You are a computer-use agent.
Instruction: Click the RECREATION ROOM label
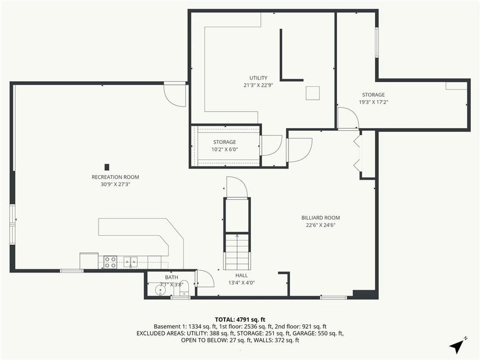115,177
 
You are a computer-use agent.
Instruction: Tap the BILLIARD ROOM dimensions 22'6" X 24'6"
320,225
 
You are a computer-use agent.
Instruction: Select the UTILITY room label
258,78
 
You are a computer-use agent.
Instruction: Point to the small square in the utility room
313,93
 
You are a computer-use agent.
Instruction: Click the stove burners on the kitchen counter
110,262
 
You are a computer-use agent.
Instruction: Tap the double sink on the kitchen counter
131,261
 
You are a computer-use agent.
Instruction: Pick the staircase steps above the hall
236,252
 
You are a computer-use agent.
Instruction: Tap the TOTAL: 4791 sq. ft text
239,319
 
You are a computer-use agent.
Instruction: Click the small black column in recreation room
107,166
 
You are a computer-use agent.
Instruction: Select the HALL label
242,275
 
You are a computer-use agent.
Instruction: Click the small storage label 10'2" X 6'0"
224,149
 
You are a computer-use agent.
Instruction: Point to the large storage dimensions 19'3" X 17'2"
373,102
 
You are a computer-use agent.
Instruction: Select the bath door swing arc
205,279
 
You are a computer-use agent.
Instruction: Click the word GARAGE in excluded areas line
314,333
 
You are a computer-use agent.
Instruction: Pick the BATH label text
171,277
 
